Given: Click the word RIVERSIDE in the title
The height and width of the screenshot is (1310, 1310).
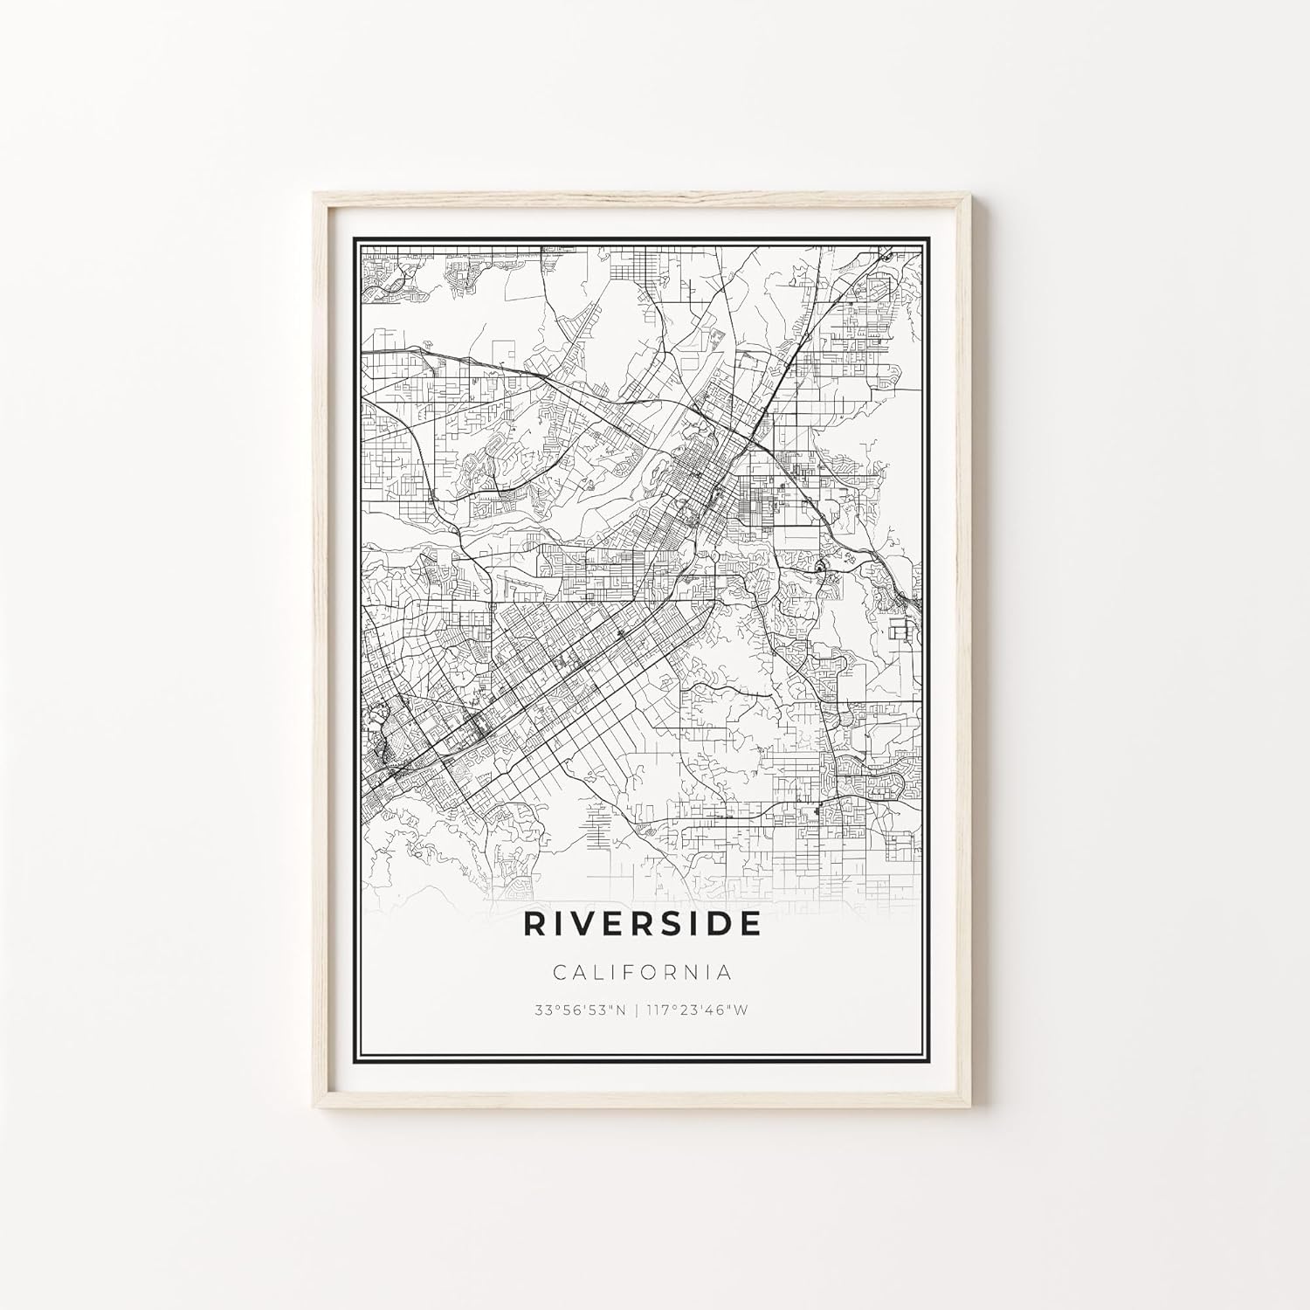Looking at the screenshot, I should point(642,924).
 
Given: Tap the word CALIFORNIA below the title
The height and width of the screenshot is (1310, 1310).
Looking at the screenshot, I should point(642,971).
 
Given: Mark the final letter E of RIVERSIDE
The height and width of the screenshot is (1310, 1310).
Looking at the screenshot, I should point(749,924).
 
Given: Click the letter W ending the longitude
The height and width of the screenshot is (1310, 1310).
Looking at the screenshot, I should point(743,1010).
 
